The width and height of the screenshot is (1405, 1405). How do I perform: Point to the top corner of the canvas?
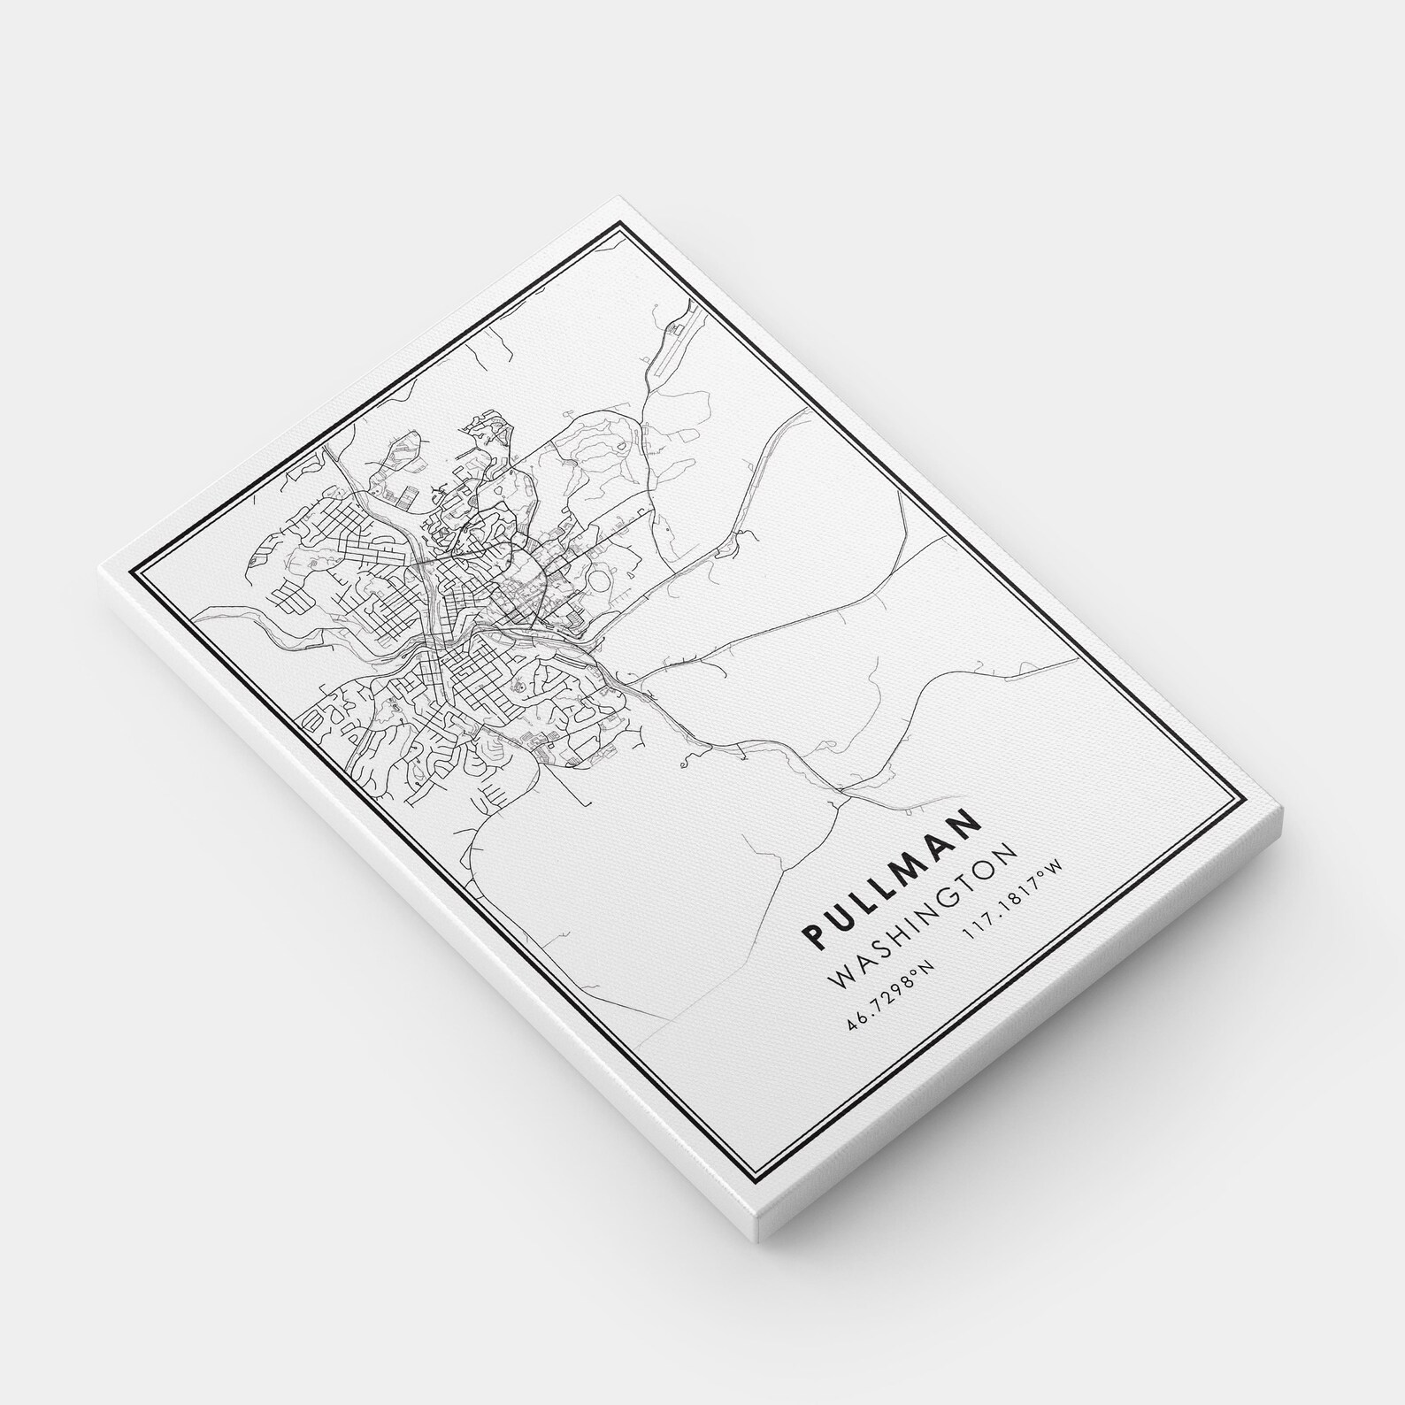617,202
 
